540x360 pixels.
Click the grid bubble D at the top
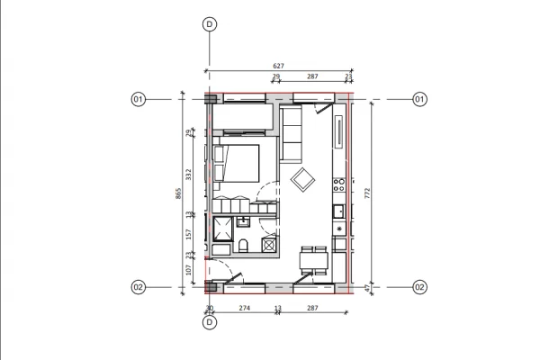tap(210, 25)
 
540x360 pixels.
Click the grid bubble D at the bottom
tap(210, 325)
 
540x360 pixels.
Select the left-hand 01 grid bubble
tap(139, 99)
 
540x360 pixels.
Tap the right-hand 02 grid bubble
tap(419, 287)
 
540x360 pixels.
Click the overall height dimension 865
tap(179, 193)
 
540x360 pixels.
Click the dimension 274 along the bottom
tap(243, 309)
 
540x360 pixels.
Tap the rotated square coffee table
tap(302, 180)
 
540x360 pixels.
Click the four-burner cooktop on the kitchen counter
tap(339, 185)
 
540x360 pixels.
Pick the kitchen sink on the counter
tap(339, 211)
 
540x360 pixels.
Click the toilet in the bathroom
tap(243, 246)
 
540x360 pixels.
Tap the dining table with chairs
tap(312, 261)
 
